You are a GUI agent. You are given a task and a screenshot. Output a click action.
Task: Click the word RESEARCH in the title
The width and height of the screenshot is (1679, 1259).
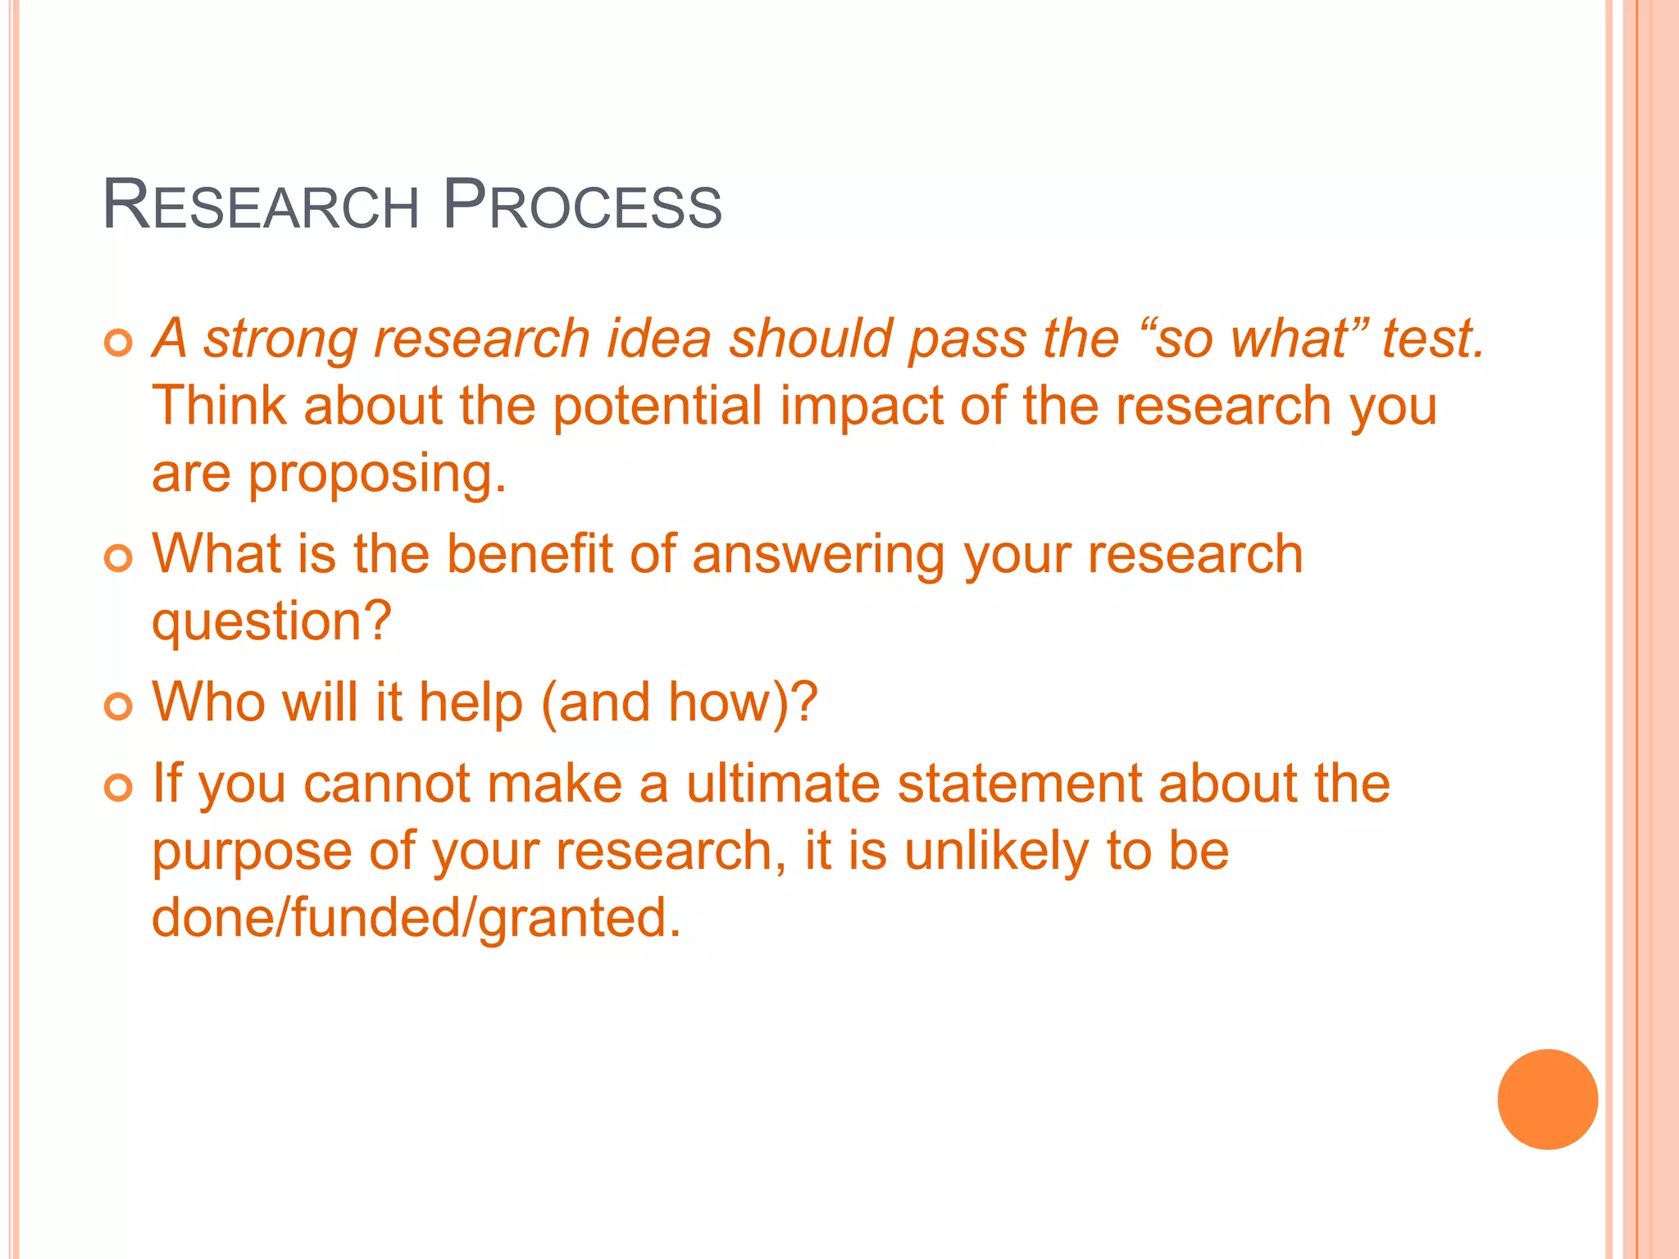coord(261,205)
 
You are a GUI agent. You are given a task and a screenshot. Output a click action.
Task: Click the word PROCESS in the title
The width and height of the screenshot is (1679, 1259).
coord(582,205)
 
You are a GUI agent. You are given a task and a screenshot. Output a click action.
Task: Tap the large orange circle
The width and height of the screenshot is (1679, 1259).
coord(1547,1099)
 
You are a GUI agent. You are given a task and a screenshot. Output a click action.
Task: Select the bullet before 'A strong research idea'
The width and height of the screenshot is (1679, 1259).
coord(119,343)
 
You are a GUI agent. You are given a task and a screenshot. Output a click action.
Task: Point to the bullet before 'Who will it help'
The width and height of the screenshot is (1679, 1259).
coord(119,706)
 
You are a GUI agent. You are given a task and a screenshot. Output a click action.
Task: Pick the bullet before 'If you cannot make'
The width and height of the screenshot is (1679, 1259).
coord(119,788)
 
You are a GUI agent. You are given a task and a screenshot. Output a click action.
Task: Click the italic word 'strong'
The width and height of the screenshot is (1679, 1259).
coord(280,339)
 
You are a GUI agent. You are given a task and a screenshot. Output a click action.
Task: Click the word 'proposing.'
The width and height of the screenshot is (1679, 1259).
coord(377,475)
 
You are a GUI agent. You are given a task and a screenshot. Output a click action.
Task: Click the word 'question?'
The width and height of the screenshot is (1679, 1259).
coord(271,623)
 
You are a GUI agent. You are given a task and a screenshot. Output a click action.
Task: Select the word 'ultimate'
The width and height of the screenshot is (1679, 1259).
coord(783,784)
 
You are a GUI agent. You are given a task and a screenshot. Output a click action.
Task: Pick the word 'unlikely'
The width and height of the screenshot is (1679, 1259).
coord(996,851)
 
